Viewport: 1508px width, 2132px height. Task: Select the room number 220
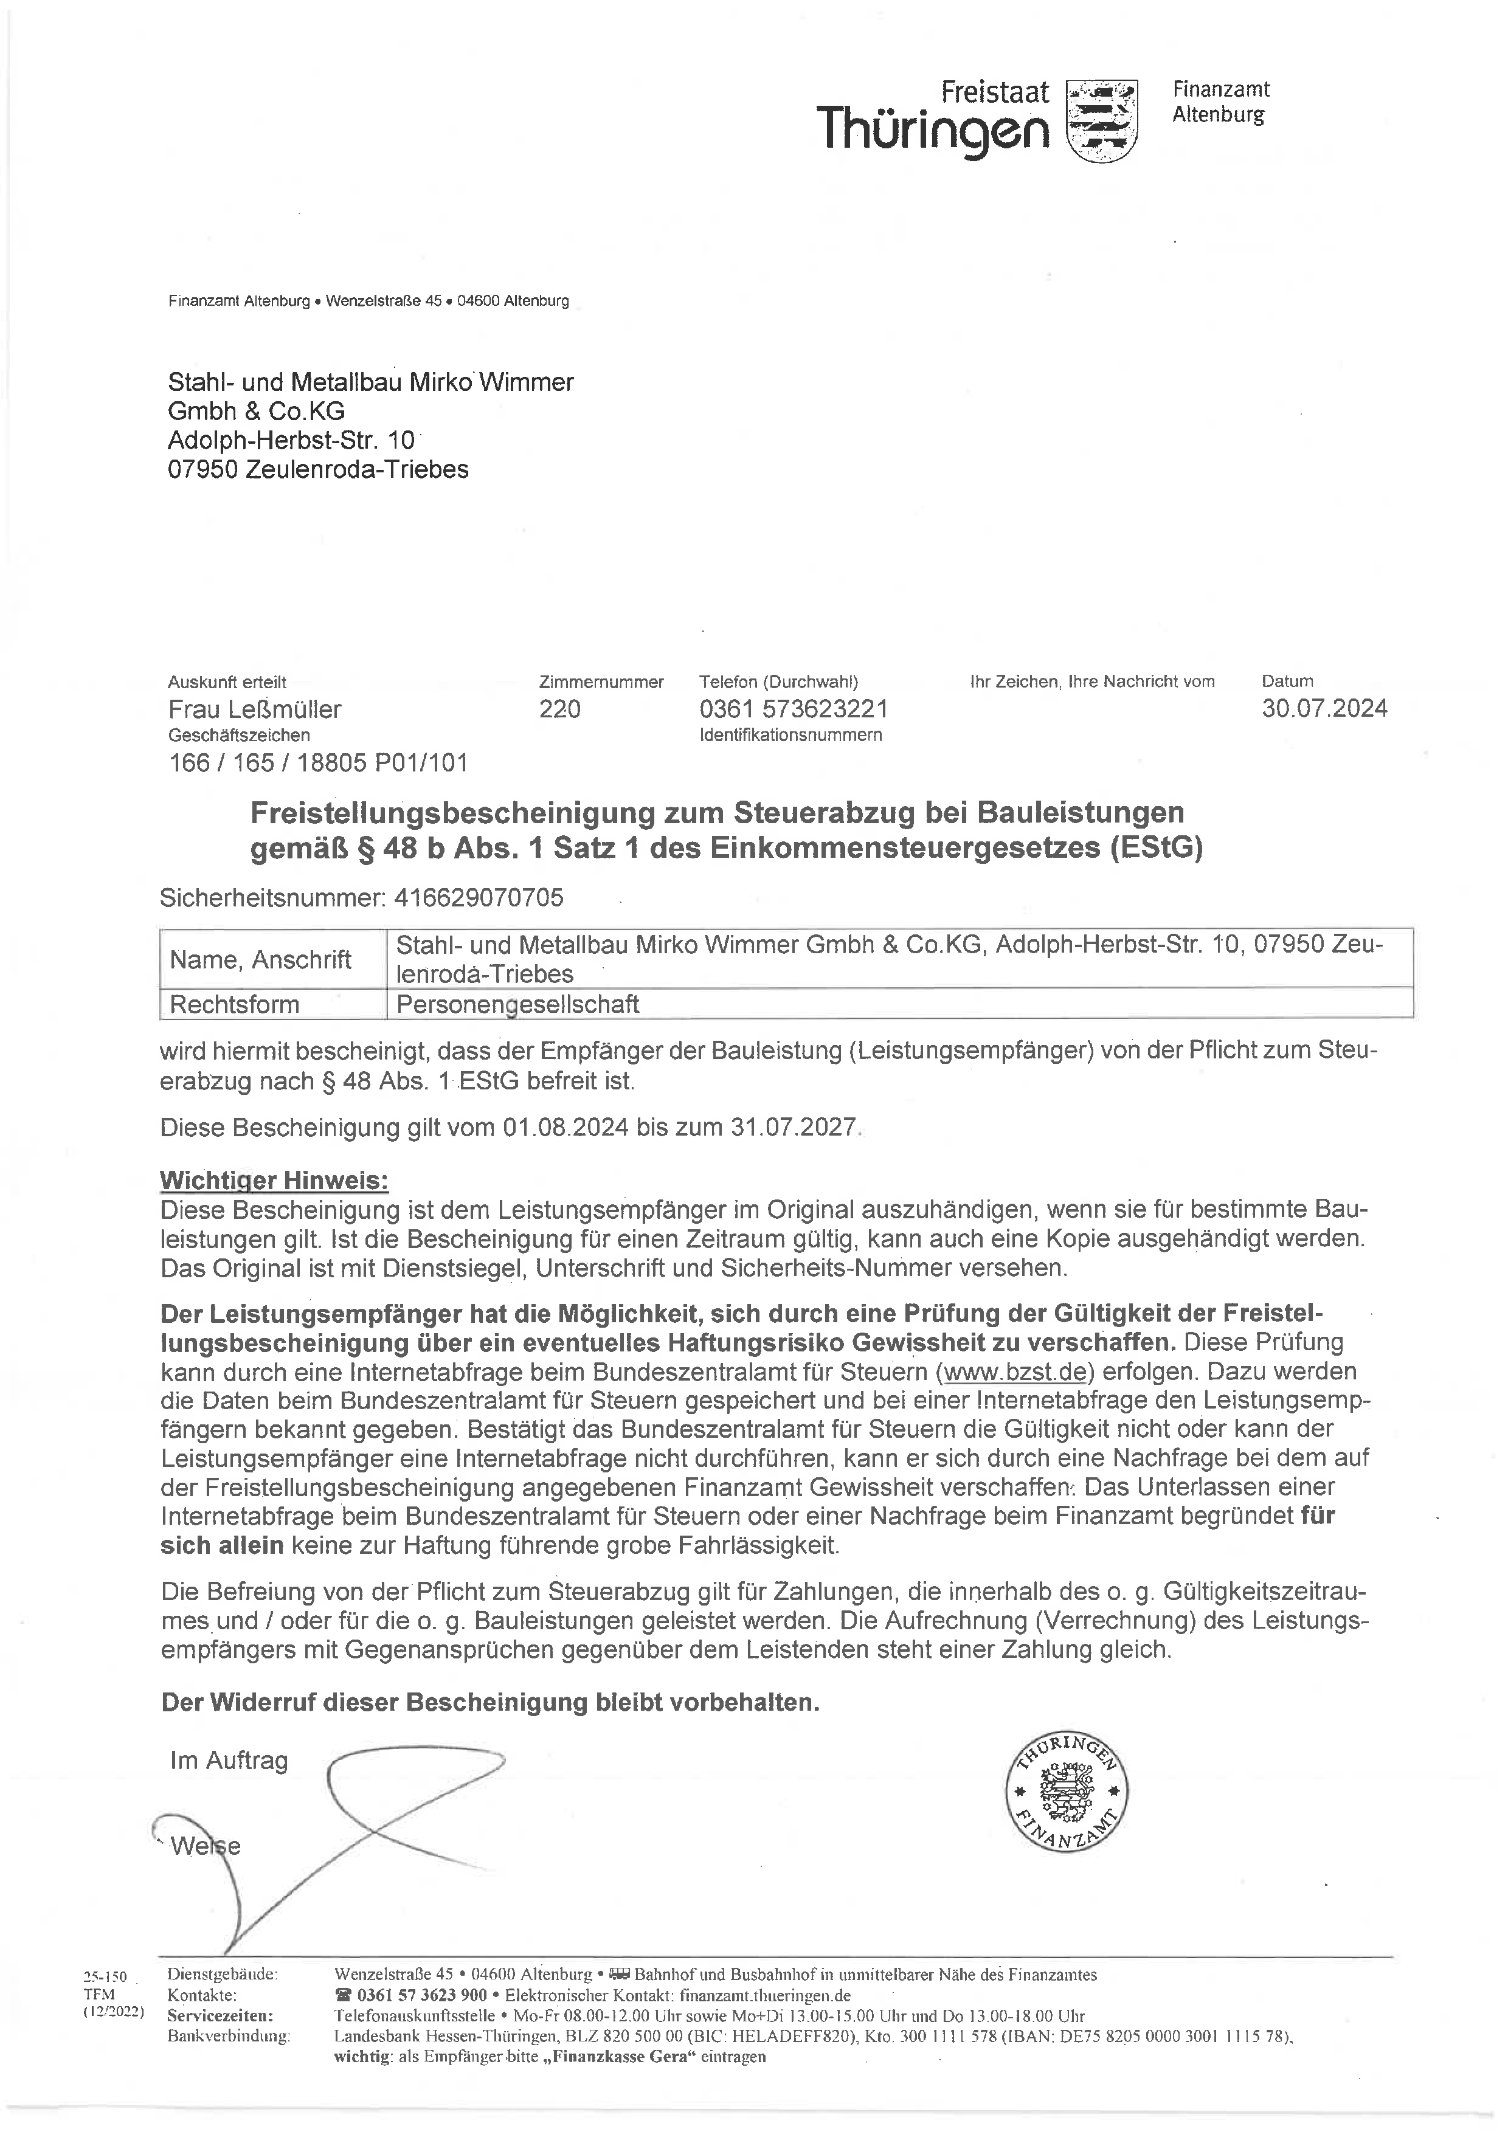coord(560,709)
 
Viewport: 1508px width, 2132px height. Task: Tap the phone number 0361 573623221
coord(793,709)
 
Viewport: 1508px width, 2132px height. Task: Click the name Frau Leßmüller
coord(254,709)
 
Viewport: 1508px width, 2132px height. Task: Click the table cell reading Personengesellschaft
coord(517,1005)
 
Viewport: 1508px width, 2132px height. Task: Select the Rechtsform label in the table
coord(234,1005)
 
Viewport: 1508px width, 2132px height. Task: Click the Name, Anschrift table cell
coord(260,959)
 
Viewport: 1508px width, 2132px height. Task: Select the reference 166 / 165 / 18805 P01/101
coord(317,764)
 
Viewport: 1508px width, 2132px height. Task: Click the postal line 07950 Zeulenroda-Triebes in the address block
coord(317,469)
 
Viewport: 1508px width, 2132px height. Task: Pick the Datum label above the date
coord(1287,681)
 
